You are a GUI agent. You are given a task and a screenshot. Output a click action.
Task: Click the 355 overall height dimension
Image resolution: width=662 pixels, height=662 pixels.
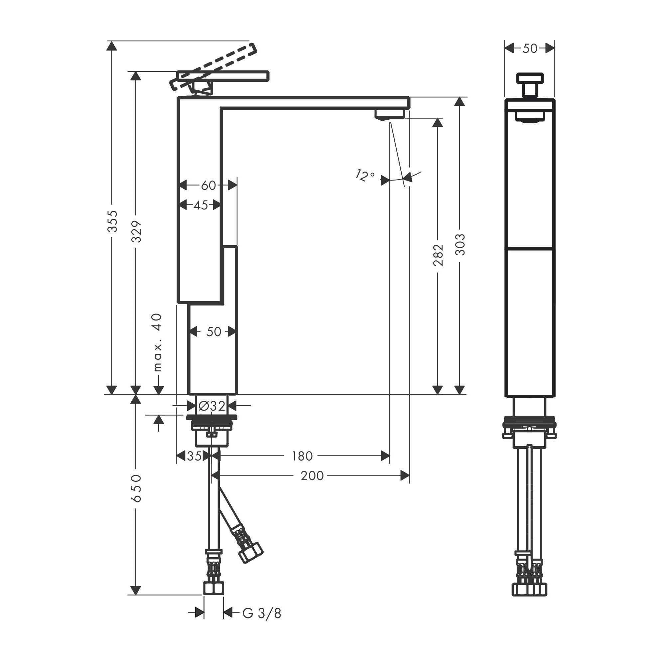112,221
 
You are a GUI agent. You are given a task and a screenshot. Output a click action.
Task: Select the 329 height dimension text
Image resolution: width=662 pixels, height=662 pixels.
136,231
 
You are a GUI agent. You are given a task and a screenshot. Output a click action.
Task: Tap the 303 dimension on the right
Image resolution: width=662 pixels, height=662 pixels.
460,245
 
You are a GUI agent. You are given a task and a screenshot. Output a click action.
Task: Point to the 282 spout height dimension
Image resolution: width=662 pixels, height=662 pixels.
438,255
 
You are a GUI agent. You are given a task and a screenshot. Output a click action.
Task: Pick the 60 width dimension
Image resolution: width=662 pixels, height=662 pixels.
208,186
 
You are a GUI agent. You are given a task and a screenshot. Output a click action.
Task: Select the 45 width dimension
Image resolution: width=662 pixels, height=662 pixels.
201,205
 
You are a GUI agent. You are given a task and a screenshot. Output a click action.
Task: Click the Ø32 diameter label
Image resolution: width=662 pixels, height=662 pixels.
212,406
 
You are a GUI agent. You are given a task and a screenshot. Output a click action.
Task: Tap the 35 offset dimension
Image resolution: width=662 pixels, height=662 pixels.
194,456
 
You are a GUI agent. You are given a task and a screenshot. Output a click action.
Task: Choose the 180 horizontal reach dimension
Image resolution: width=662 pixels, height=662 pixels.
302,456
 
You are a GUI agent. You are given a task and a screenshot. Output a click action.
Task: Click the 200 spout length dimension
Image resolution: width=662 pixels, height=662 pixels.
312,475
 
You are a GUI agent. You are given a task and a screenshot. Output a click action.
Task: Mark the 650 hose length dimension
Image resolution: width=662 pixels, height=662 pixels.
136,488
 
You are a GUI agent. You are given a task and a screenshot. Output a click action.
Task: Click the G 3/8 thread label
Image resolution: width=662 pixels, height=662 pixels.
262,614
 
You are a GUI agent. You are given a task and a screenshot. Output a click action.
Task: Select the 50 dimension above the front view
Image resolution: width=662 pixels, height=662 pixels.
530,49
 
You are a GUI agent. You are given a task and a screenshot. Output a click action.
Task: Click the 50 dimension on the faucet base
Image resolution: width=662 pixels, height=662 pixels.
213,332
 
